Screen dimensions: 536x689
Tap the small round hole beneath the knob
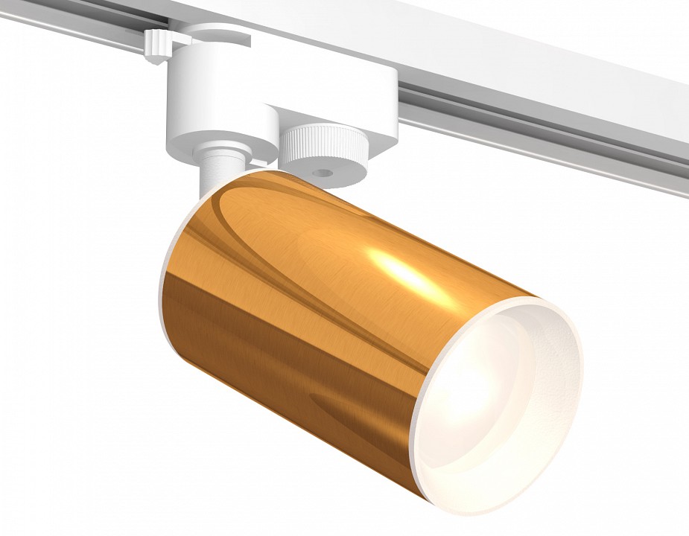(322, 173)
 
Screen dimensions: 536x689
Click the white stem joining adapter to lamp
(216, 171)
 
